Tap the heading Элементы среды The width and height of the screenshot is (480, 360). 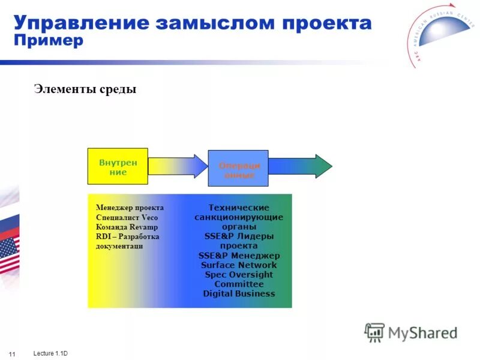click(85, 89)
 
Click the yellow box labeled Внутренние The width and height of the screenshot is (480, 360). click(118, 166)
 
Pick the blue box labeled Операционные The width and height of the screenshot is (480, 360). click(238, 169)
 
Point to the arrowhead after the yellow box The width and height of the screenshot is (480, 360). click(199, 166)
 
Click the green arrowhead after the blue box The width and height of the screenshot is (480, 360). click(323, 166)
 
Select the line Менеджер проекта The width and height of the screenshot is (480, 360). click(130, 208)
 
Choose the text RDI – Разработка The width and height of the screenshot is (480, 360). click(127, 237)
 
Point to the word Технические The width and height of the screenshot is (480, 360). click(239, 208)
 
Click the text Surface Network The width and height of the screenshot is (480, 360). click(239, 265)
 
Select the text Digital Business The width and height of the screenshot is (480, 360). click(239, 294)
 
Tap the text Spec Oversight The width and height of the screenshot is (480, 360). click(239, 275)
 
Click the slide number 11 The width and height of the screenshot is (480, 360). click(12, 352)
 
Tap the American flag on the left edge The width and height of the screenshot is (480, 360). click(8, 255)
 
